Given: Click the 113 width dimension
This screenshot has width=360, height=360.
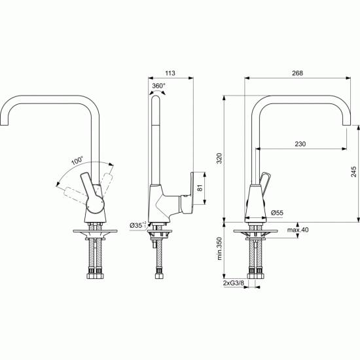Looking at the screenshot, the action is (x=170, y=73).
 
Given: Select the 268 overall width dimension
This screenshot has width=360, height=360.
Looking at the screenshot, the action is (x=297, y=73).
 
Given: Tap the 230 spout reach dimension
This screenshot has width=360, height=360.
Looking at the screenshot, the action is (x=300, y=144).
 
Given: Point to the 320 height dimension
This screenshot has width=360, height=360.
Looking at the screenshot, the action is (x=219, y=158).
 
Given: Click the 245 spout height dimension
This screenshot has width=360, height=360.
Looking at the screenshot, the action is (x=354, y=171).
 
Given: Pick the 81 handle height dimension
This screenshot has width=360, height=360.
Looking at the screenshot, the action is (x=200, y=188).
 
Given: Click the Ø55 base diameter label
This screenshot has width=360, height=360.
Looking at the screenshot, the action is (x=277, y=213).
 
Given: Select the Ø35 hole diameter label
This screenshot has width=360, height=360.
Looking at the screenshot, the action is (x=137, y=225).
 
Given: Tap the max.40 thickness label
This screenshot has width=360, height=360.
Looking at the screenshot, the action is (x=298, y=230).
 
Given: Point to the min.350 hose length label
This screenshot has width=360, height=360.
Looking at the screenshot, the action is (x=219, y=249).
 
